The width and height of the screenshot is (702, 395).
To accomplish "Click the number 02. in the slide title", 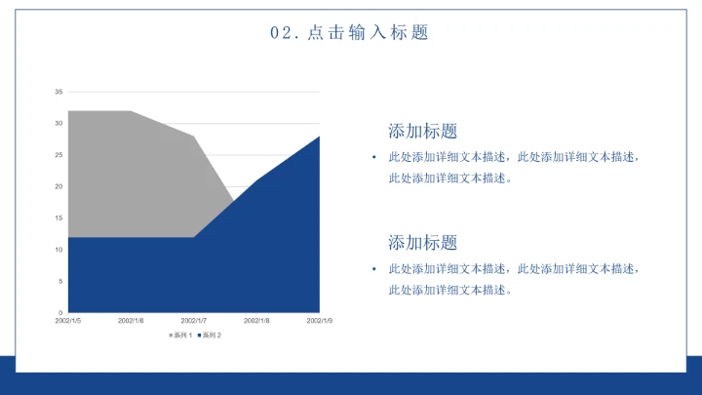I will pyautogui.click(x=283, y=32).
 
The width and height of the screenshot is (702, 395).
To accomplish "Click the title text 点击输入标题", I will pyautogui.click(x=368, y=32).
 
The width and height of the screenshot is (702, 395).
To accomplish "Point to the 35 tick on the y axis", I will pyautogui.click(x=58, y=92).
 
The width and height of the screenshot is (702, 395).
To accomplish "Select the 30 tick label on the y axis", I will pyautogui.click(x=58, y=124).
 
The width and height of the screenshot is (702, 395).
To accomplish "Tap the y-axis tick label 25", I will pyautogui.click(x=58, y=155).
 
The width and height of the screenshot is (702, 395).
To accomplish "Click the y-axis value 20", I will pyautogui.click(x=58, y=186).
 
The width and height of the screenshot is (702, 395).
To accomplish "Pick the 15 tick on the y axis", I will pyautogui.click(x=58, y=218).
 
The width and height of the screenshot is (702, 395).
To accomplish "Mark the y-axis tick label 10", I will pyautogui.click(x=58, y=250).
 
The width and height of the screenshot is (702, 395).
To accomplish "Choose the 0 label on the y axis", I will pyautogui.click(x=60, y=313).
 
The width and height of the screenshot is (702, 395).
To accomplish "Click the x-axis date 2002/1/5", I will pyautogui.click(x=68, y=320).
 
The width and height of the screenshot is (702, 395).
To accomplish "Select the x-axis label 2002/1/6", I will pyautogui.click(x=131, y=320).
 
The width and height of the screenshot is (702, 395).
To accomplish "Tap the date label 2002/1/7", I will pyautogui.click(x=194, y=320).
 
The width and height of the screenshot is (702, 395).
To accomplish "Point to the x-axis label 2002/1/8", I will pyautogui.click(x=256, y=320).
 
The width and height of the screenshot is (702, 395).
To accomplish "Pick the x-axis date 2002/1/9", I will pyautogui.click(x=319, y=320).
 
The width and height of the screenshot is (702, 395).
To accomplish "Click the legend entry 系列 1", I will pyautogui.click(x=181, y=336).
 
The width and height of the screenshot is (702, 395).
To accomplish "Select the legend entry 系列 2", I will pyautogui.click(x=210, y=336).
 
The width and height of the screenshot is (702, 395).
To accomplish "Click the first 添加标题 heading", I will pyautogui.click(x=422, y=131).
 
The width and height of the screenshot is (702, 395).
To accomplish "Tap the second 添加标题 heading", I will pyautogui.click(x=422, y=243).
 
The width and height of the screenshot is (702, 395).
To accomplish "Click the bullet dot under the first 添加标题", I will pyautogui.click(x=372, y=157).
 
